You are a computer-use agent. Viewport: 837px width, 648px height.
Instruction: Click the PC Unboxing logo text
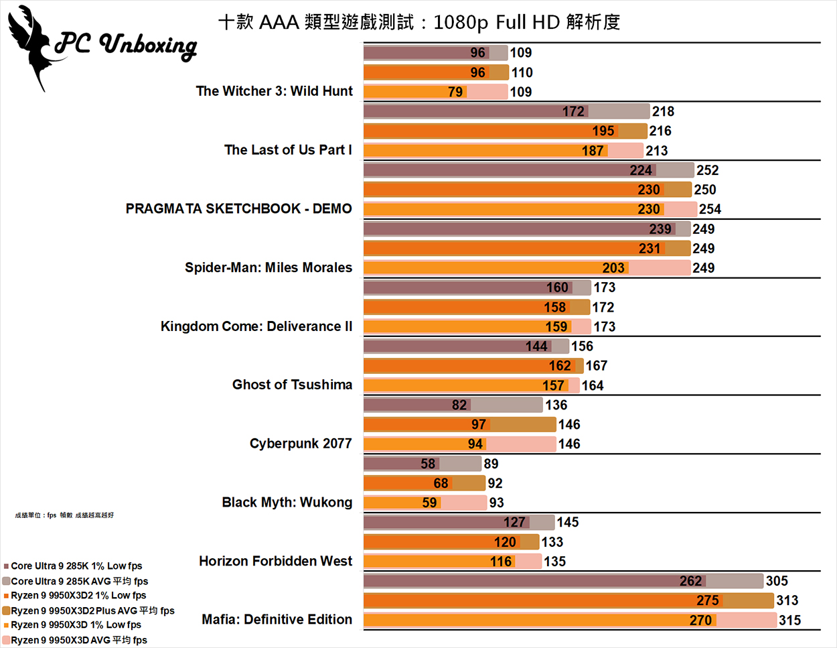click(x=126, y=46)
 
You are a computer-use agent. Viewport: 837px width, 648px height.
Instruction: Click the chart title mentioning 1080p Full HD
click(x=419, y=23)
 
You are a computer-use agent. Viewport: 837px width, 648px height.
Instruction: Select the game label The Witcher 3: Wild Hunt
click(x=274, y=91)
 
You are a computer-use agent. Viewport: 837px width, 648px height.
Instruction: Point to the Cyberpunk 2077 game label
click(x=301, y=444)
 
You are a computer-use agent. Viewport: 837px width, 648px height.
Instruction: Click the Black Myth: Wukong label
click(x=287, y=503)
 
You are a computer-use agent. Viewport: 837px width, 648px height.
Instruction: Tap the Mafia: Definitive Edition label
click(x=277, y=620)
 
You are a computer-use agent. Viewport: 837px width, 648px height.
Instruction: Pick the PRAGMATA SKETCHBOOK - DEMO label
click(x=238, y=208)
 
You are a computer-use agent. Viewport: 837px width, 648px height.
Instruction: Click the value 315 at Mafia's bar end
click(x=789, y=621)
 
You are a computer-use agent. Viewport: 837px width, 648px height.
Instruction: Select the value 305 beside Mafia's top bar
click(x=777, y=581)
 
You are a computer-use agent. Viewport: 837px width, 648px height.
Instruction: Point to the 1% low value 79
click(x=455, y=92)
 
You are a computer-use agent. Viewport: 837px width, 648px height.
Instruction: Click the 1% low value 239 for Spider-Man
click(x=660, y=229)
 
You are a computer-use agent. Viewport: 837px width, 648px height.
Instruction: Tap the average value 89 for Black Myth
click(x=491, y=464)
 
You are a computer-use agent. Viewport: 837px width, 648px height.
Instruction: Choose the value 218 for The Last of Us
click(x=663, y=111)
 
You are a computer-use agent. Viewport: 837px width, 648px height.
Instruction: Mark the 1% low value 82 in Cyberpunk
click(x=459, y=405)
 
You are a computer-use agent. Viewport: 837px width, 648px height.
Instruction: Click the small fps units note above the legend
click(x=64, y=515)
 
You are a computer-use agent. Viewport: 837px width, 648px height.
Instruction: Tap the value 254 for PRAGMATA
click(x=710, y=209)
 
